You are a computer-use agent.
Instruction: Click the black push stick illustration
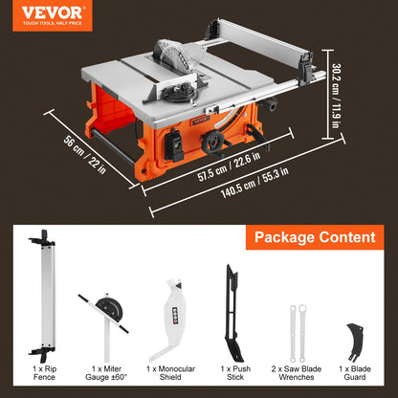232,310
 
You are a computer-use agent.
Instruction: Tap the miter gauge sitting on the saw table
182,96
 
